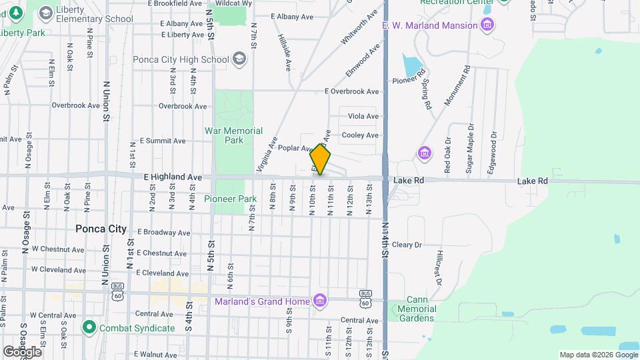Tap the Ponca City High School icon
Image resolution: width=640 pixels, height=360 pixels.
coord(240,59)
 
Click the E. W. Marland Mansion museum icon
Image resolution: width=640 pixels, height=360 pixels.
coord(488,25)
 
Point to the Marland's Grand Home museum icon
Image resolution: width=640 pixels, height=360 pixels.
coord(320,301)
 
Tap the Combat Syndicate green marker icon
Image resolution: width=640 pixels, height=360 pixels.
coord(89,327)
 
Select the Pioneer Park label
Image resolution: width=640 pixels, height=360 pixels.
coord(230,199)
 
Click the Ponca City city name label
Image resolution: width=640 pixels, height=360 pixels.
coord(101,229)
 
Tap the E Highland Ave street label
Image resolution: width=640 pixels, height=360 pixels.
coord(173,177)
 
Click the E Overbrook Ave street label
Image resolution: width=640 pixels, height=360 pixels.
coord(351,91)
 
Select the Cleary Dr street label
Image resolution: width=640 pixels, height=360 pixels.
coord(407,245)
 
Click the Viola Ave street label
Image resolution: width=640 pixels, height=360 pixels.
coord(363,116)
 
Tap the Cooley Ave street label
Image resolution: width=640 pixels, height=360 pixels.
coord(360,135)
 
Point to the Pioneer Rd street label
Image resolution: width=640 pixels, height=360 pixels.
coord(409,81)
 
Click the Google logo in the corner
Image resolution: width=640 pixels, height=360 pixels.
coord(22,351)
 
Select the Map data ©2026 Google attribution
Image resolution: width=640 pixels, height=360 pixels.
coord(597,355)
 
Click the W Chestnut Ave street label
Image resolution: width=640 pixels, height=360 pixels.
coord(61,250)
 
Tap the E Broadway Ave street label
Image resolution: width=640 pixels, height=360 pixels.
coord(163,233)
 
